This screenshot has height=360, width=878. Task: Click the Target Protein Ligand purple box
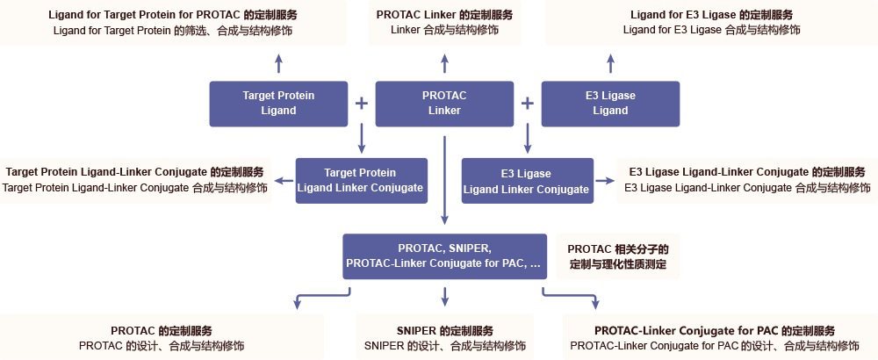point(278,103)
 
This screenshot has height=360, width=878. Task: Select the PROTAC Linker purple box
point(444,103)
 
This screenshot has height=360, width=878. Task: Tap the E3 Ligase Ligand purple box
point(610,103)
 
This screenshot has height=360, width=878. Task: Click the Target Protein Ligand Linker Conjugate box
point(361,180)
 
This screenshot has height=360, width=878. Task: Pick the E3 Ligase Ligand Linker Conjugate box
point(527,180)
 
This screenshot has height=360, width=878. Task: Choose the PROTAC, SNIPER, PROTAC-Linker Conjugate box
point(444,256)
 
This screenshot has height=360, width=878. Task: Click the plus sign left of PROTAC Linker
point(361,103)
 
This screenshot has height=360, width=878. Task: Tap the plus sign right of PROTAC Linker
point(528,103)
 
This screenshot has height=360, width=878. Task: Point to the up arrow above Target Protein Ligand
point(278,63)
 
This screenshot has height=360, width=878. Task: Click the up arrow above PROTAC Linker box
point(444,63)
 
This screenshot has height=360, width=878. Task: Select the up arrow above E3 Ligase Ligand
point(610,63)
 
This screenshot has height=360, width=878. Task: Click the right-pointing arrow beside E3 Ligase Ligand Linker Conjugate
point(605,181)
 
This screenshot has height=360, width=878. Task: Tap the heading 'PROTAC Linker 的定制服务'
point(444,15)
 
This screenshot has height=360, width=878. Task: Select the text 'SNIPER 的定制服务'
point(444,330)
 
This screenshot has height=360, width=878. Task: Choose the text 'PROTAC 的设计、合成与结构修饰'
point(162,346)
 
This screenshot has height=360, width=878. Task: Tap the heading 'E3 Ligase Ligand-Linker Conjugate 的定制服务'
point(747,172)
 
